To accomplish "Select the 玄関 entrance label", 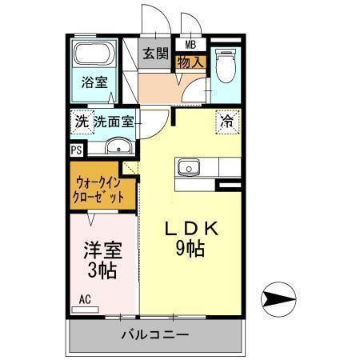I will point(156,54).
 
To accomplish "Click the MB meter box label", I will point(191,45).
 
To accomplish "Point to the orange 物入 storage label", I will point(191,61).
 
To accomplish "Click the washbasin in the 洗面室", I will point(119,146).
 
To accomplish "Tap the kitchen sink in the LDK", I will point(190,168).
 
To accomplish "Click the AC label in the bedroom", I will point(84,301).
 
